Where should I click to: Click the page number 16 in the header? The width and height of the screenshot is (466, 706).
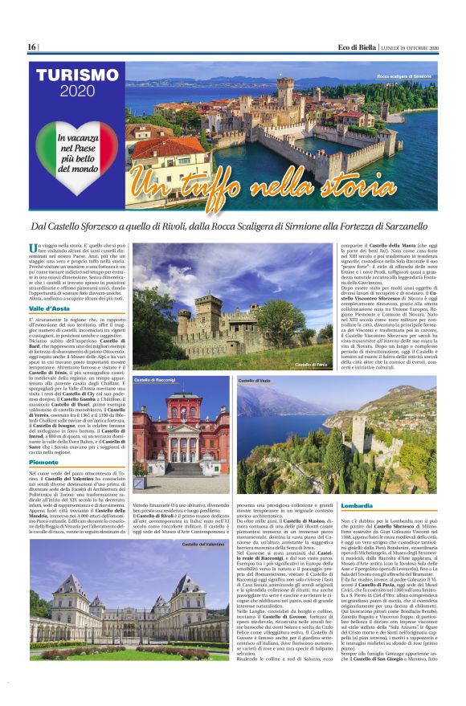31,48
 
